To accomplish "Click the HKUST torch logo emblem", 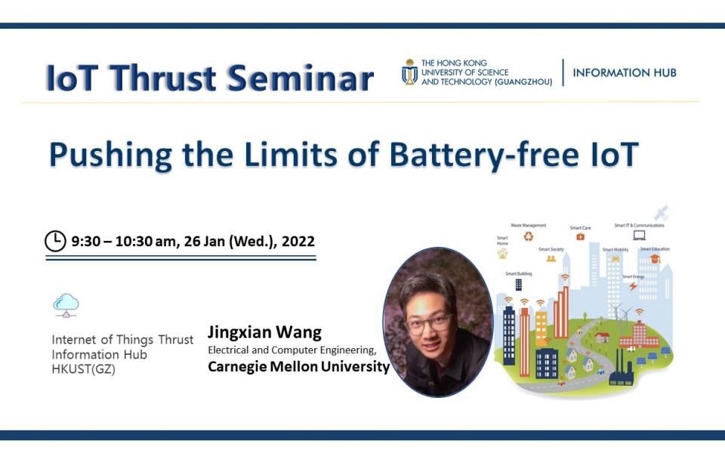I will pyautogui.click(x=409, y=72).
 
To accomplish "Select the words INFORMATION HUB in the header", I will pyautogui.click(x=625, y=73).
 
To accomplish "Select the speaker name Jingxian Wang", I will pyautogui.click(x=264, y=332).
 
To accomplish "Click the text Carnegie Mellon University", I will pyautogui.click(x=298, y=367).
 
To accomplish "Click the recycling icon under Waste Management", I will pyautogui.click(x=529, y=236).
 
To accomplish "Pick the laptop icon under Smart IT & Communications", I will pyautogui.click(x=639, y=236).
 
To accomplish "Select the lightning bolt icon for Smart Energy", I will pyautogui.click(x=633, y=286).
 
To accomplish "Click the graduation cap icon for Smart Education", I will pyautogui.click(x=655, y=259).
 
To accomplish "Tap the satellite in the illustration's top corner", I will pyautogui.click(x=662, y=213).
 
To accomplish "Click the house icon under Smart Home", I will pyautogui.click(x=502, y=254).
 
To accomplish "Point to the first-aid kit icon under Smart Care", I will pyautogui.click(x=580, y=236).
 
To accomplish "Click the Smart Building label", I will pyautogui.click(x=518, y=273).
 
